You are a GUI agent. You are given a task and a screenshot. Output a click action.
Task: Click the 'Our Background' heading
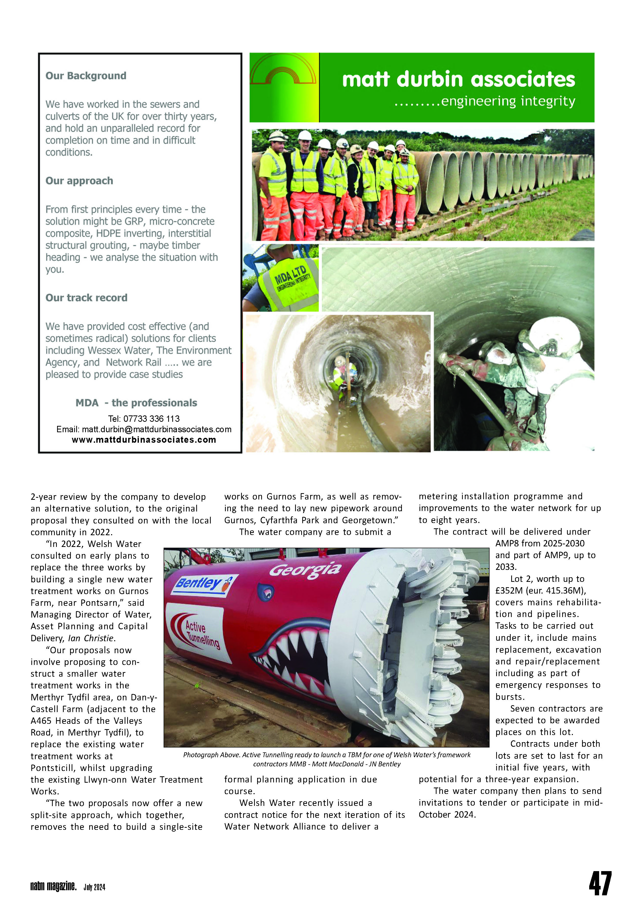point(86,76)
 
